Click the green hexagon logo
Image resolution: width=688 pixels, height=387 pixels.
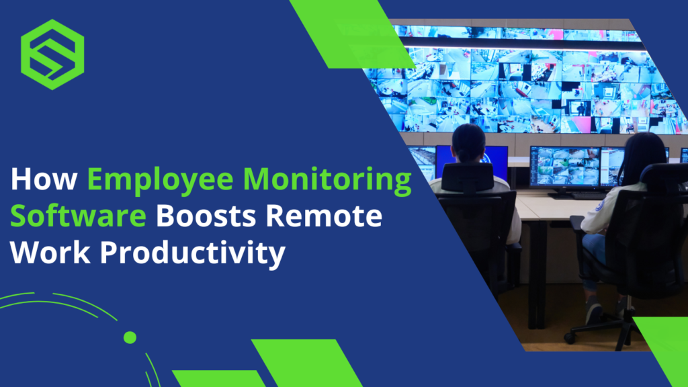tap(52, 54)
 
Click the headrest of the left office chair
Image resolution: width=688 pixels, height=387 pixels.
tap(468, 178)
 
